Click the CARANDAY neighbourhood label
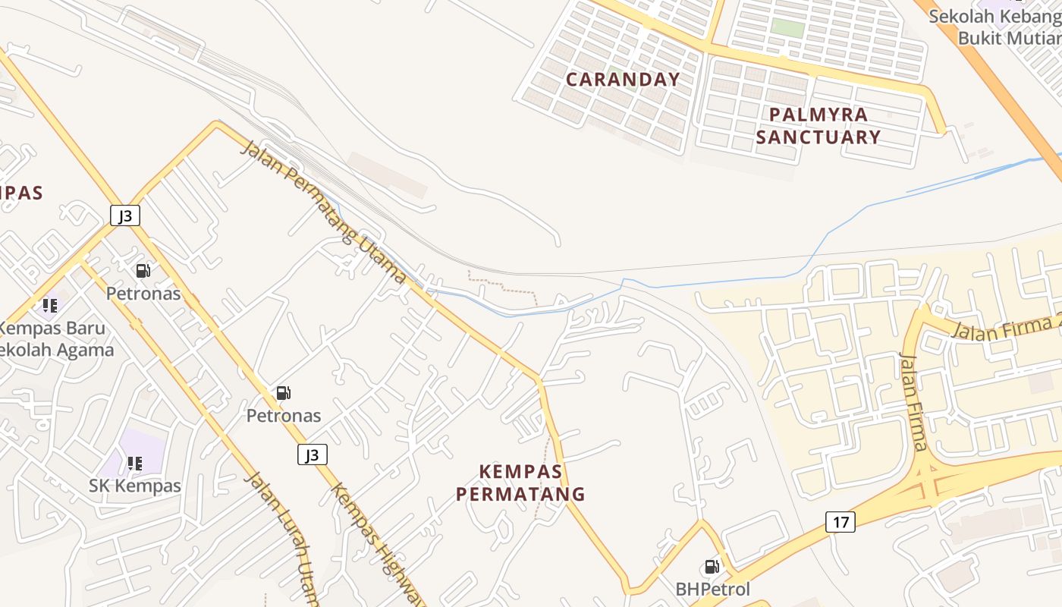[623, 79]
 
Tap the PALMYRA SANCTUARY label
[818, 126]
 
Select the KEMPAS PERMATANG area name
[520, 483]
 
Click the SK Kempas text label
[135, 486]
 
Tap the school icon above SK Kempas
[135, 463]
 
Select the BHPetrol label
[712, 589]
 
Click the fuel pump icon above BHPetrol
[712, 567]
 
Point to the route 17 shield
[840, 522]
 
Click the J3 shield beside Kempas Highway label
[312, 454]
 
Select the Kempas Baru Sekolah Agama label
[53, 339]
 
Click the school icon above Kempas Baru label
[50, 306]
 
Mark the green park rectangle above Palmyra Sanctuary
[787, 27]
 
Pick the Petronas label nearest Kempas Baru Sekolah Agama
[143, 293]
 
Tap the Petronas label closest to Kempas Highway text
[284, 416]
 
